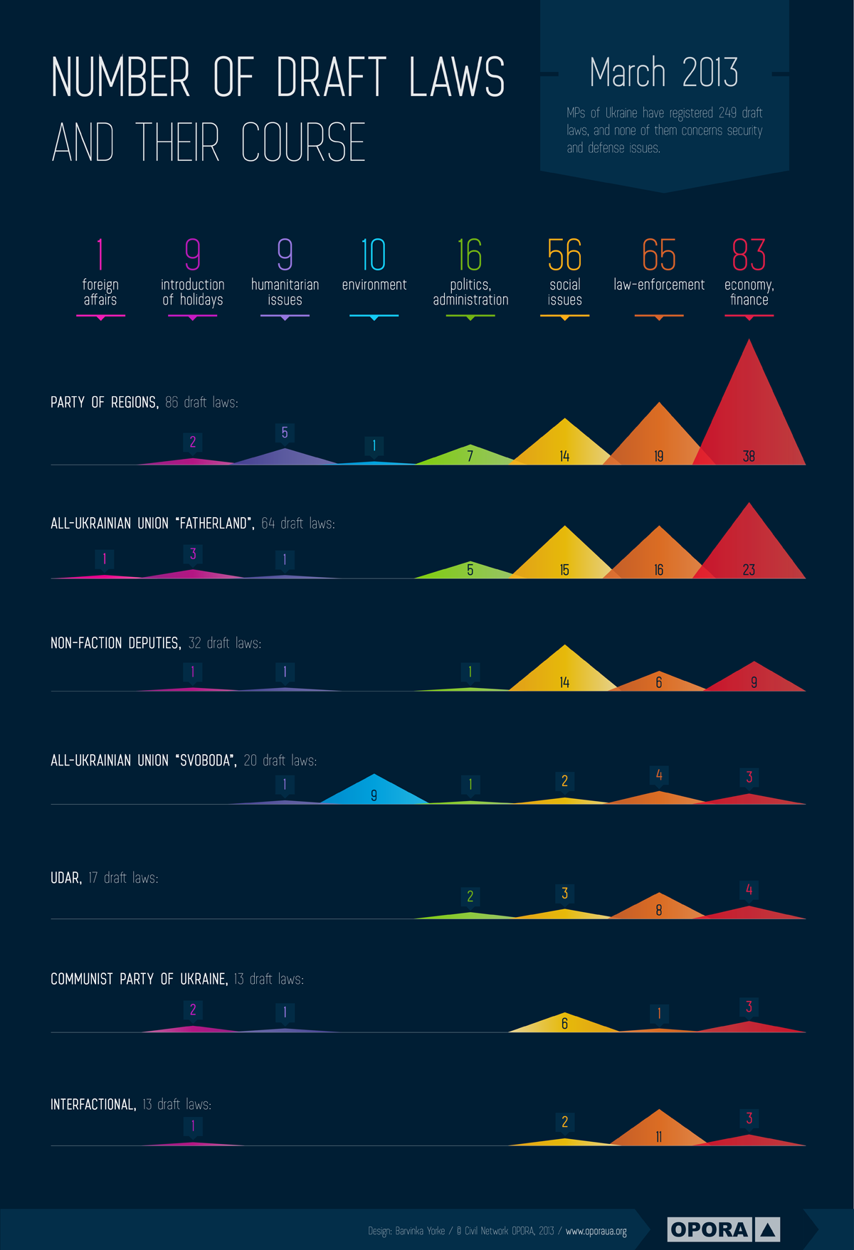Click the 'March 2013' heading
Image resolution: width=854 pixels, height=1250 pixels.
point(664,73)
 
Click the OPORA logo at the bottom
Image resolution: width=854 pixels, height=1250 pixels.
point(724,1229)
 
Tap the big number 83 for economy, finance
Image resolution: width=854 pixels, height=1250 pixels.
point(749,255)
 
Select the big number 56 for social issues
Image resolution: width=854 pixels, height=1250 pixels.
point(564,255)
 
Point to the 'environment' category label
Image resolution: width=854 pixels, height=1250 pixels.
point(374,285)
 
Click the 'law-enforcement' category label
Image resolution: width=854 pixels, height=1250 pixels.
point(659,285)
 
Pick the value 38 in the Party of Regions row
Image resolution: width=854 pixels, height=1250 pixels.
point(749,456)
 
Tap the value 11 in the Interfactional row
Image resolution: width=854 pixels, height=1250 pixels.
point(659,1136)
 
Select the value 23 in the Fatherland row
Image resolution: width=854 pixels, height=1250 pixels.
point(749,569)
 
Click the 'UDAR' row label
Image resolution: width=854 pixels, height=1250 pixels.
point(65,878)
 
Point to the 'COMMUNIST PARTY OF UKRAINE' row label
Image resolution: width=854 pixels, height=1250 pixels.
point(139,979)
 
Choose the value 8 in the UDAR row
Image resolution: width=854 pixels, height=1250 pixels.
point(659,909)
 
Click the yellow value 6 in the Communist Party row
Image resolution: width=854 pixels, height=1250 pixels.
point(564,1023)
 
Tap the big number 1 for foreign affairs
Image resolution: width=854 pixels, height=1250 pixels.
point(100,255)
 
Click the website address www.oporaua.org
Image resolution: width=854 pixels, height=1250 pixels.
point(596,1231)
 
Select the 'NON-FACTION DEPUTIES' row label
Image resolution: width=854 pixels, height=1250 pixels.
point(115,643)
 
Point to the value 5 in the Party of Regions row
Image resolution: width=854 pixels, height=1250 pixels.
point(285,433)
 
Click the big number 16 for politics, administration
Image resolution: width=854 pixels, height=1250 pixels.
point(470,255)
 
